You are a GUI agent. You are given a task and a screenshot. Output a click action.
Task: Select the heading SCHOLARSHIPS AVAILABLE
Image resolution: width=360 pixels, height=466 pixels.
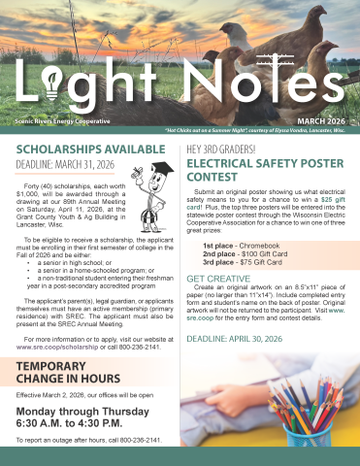(80, 150)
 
